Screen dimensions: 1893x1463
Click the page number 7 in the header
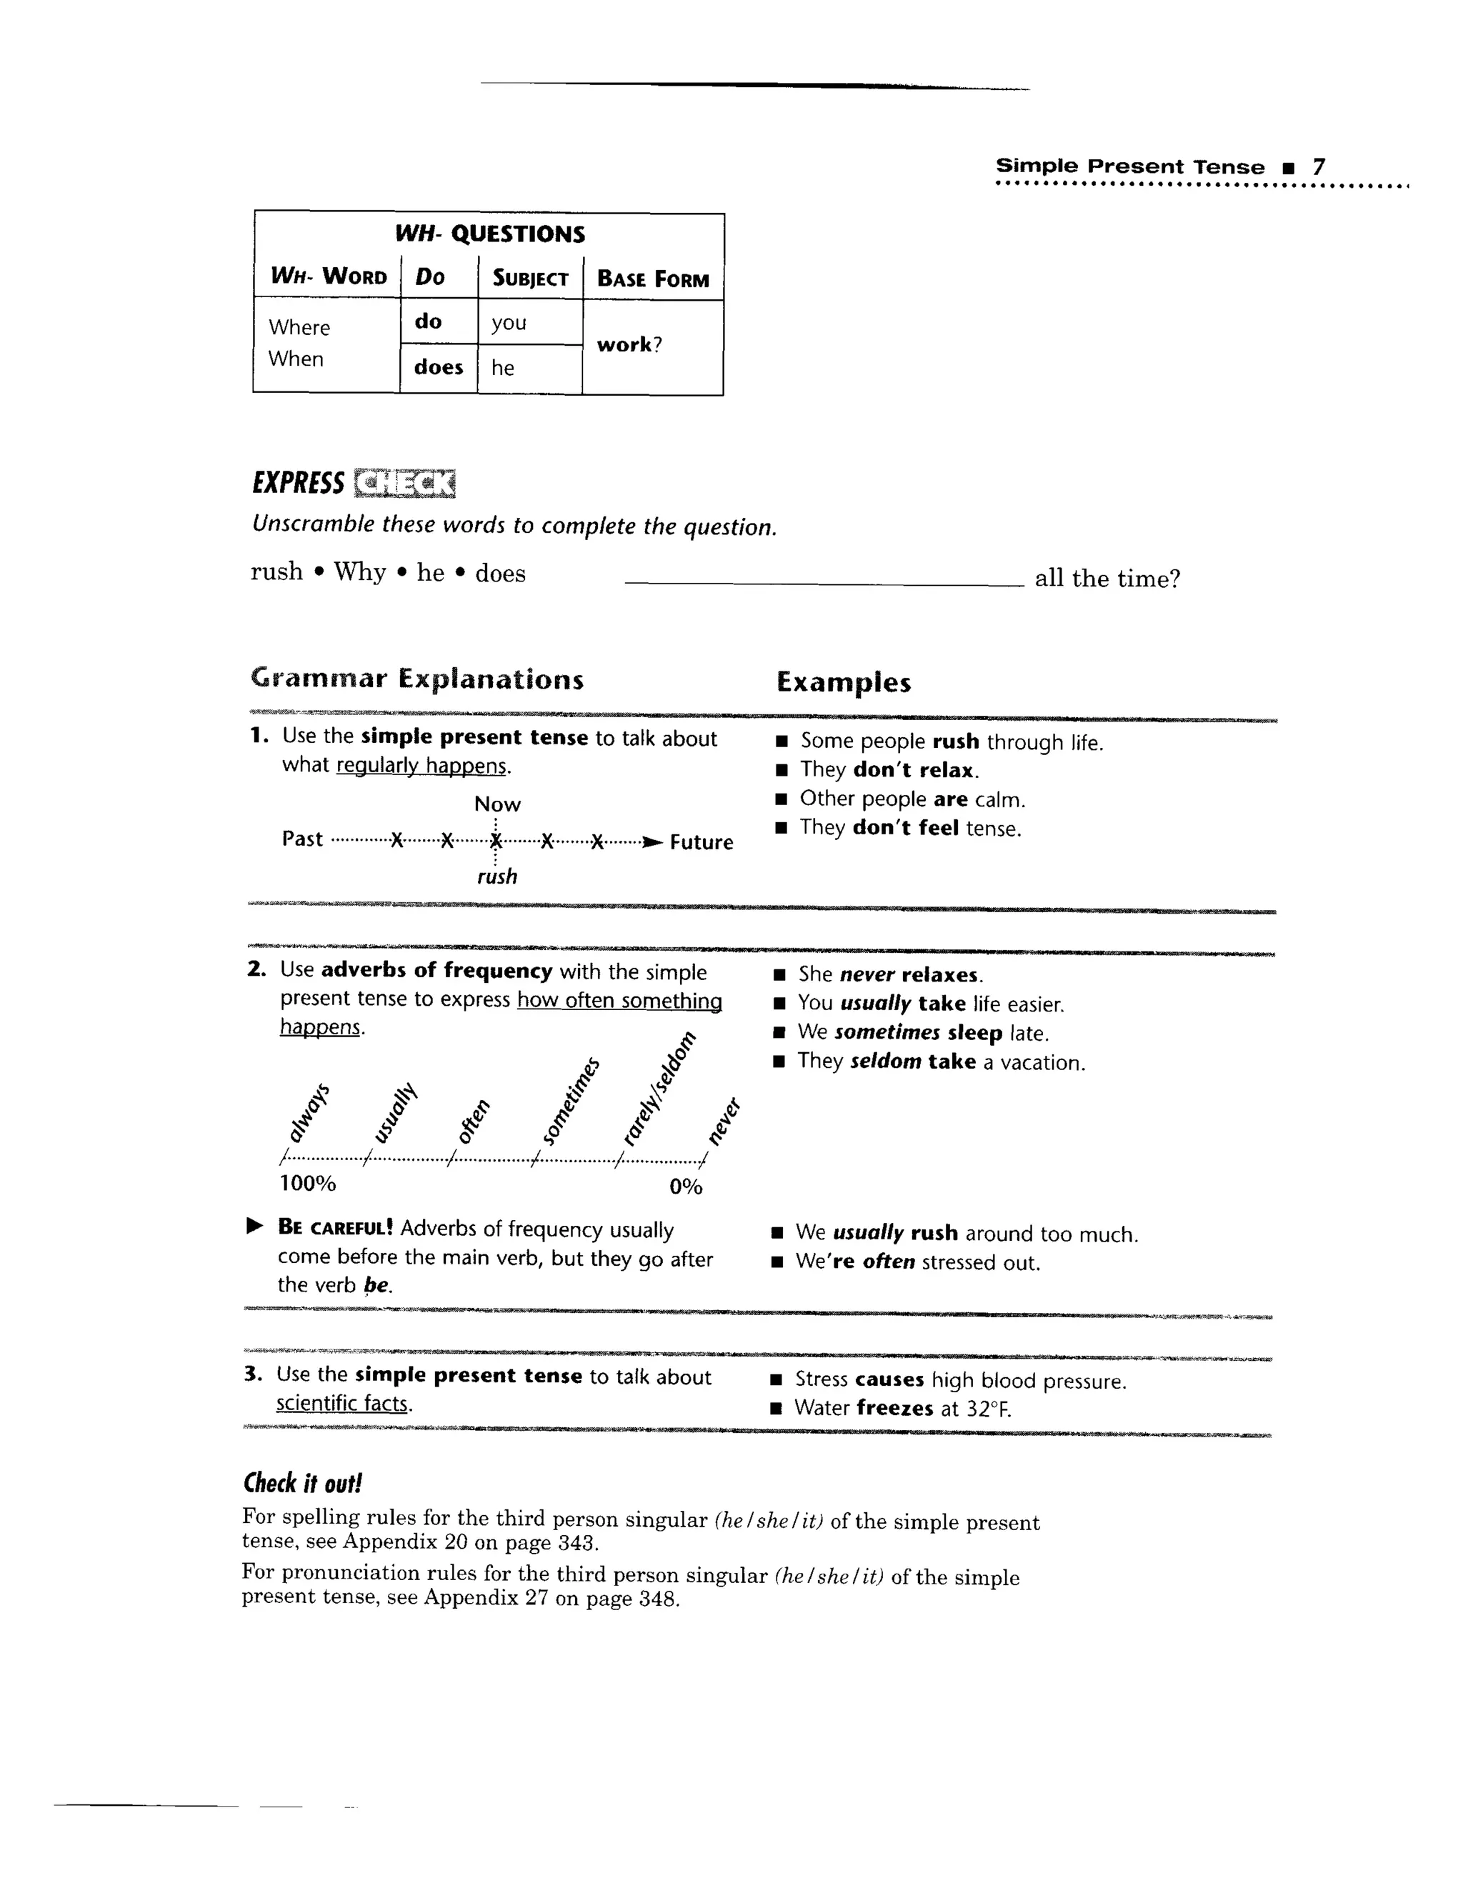(1317, 166)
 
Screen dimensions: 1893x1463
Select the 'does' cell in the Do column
(439, 367)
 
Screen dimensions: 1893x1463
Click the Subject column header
(529, 278)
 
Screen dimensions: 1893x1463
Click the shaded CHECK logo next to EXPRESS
(405, 484)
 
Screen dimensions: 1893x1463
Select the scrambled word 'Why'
(360, 572)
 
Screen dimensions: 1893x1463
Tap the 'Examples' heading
(844, 682)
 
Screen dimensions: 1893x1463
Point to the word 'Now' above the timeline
(497, 804)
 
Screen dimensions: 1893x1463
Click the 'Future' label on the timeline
(701, 842)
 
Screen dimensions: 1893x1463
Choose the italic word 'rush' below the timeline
(497, 876)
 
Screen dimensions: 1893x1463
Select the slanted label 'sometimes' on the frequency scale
(570, 1101)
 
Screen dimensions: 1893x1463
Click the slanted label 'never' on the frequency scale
(724, 1120)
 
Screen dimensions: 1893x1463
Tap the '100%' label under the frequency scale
(308, 1183)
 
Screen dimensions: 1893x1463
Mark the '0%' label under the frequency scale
(686, 1187)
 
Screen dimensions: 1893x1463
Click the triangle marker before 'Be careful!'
(254, 1227)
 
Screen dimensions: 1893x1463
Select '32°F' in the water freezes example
(989, 1409)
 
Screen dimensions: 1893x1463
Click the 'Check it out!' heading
(302, 1483)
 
